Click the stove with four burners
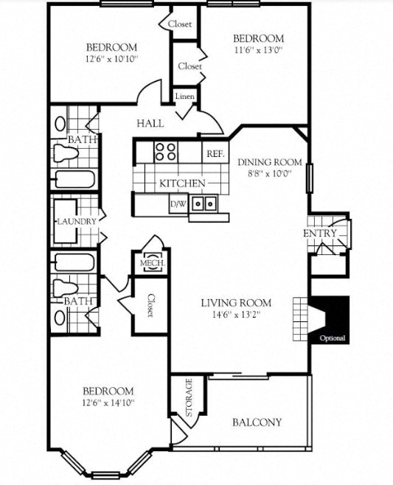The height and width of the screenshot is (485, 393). [x=166, y=151]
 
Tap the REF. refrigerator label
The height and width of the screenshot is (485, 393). [x=215, y=153]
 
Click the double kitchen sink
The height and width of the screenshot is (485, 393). [x=204, y=203]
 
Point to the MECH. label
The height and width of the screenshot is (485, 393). [x=152, y=263]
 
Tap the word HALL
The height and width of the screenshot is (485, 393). [x=150, y=123]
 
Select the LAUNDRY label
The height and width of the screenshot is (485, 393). [x=77, y=221]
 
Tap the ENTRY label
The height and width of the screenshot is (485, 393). [x=320, y=234]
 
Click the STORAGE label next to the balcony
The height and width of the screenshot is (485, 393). [x=189, y=397]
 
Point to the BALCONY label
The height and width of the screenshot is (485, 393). [x=257, y=422]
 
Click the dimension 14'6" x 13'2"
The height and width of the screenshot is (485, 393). [x=236, y=315]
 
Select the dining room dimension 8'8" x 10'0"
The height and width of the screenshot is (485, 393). [x=269, y=174]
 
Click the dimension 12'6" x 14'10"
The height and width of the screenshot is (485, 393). [x=108, y=402]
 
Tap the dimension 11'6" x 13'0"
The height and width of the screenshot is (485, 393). [x=258, y=51]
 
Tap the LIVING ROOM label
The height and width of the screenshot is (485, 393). [x=236, y=302]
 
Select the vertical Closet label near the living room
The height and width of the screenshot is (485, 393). [x=150, y=305]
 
